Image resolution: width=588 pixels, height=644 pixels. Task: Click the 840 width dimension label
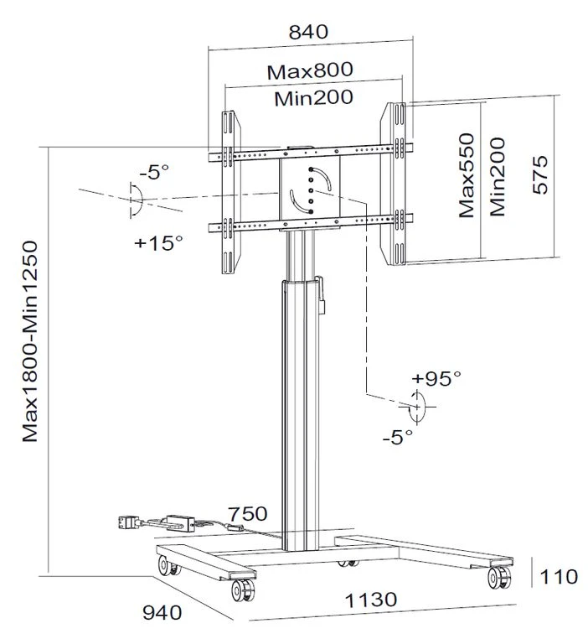click(x=308, y=31)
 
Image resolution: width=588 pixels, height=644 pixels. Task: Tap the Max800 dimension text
click(x=310, y=70)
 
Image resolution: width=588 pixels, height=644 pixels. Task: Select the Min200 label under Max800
click(x=313, y=98)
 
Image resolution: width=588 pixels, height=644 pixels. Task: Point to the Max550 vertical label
click(x=467, y=175)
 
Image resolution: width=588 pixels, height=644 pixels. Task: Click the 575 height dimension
click(x=540, y=174)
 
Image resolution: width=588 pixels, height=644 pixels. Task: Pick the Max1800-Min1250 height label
click(x=29, y=342)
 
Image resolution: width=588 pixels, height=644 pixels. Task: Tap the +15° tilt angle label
click(x=158, y=242)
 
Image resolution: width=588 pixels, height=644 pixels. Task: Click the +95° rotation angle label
click(x=436, y=378)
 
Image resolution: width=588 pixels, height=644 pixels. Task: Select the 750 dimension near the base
click(x=247, y=514)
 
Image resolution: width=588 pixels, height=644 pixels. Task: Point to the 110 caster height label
click(x=559, y=577)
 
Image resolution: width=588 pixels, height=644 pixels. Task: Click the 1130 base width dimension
click(x=371, y=600)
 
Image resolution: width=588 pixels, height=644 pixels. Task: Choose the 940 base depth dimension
click(x=162, y=613)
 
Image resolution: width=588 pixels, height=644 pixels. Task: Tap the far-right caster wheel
click(x=499, y=578)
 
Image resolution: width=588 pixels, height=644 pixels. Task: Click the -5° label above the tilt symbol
click(x=154, y=172)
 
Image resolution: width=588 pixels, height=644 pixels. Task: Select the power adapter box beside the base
click(x=180, y=523)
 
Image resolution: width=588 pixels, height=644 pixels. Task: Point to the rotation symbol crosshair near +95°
click(x=417, y=407)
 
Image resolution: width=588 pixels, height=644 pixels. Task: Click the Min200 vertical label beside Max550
click(x=498, y=177)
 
